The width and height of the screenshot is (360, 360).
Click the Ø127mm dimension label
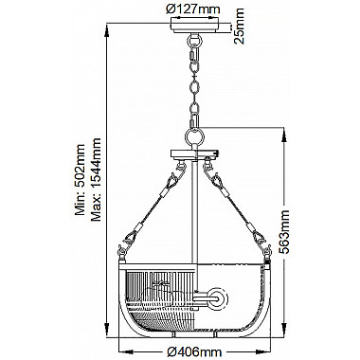tap(192, 9)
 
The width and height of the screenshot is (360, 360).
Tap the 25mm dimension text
tap(240, 27)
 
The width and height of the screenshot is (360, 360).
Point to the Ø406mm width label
tap(194, 351)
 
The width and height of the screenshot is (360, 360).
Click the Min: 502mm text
tap(80, 180)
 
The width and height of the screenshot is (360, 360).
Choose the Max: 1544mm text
tap(96, 179)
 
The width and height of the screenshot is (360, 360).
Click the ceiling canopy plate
tap(194, 26)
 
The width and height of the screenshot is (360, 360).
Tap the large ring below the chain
tap(194, 136)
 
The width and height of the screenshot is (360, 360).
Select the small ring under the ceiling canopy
tap(194, 41)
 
